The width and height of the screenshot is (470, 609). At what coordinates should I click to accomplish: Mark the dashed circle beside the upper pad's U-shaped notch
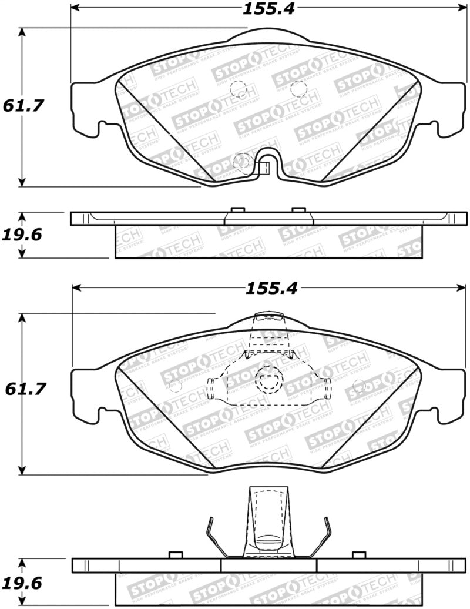point(241,162)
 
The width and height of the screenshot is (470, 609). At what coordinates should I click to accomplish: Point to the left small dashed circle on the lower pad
point(174,386)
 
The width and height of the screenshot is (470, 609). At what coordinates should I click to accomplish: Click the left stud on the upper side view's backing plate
point(238,209)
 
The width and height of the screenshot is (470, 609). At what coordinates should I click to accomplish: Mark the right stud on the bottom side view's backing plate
point(358,556)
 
